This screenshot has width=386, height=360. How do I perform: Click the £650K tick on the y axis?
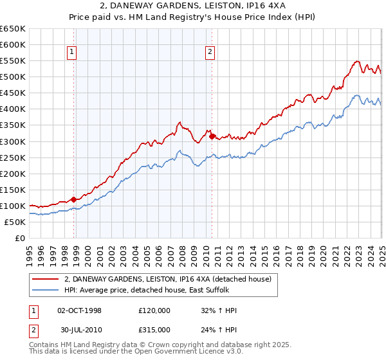pyautogui.click(x=13, y=29)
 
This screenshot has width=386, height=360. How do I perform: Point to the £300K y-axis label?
pyautogui.click(x=13, y=141)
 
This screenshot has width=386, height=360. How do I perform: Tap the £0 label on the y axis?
pyautogui.click(x=20, y=238)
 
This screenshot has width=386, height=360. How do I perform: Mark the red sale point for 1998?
pyautogui.click(x=73, y=199)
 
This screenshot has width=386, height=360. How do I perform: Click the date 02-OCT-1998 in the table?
pyautogui.click(x=80, y=310)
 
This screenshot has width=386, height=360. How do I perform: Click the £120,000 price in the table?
pyautogui.click(x=154, y=310)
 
